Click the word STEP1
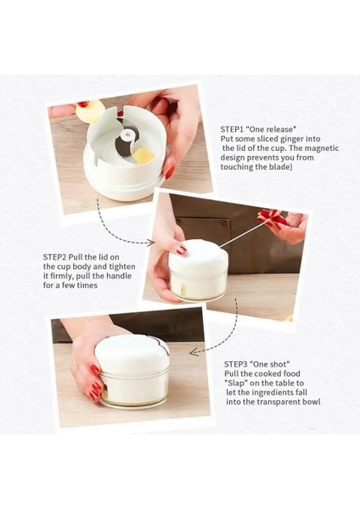tap(232, 129)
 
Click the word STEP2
tap(54, 257)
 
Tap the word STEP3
tap(236, 364)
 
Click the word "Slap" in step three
tap(236, 383)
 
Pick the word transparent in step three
tap(278, 402)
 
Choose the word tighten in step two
tap(122, 267)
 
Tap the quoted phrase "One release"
tap(271, 129)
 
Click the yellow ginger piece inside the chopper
tap(143, 155)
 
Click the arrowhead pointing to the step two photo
tap(150, 242)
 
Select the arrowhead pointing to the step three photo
tap(194, 352)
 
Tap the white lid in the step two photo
tap(198, 255)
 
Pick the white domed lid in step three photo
tap(132, 355)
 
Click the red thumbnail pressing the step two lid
tap(182, 249)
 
